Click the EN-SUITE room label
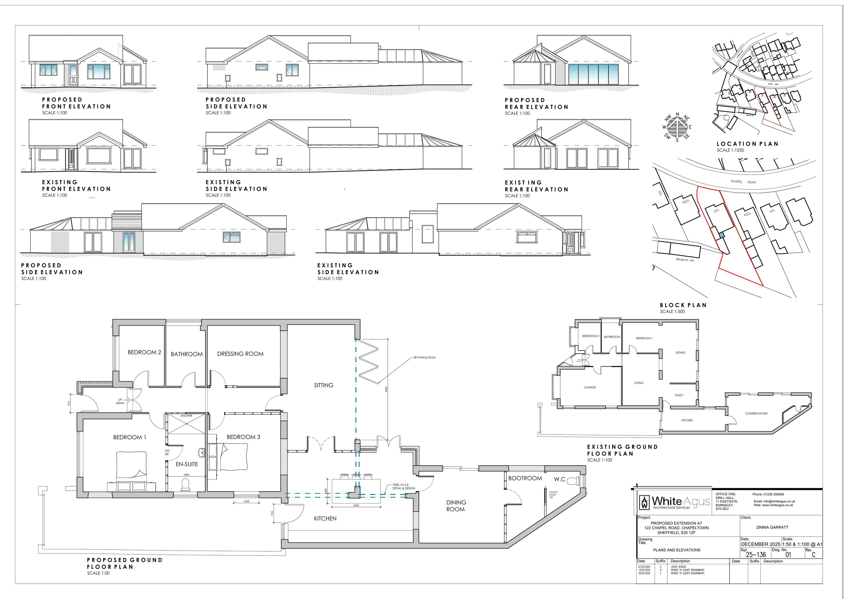187,464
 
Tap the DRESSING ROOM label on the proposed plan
241,354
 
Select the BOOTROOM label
525,478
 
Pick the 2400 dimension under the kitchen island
356,505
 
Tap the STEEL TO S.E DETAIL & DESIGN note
403,486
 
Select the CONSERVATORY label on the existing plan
756,414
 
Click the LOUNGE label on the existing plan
590,387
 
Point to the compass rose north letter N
677,114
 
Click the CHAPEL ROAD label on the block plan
743,182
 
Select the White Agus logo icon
644,502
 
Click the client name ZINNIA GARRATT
772,527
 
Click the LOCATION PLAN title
747,144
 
